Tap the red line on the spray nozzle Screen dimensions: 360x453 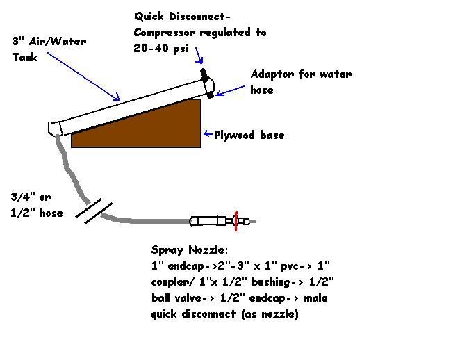point(236,222)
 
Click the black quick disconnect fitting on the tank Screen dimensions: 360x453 point(204,74)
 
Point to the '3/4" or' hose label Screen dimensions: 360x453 point(31,197)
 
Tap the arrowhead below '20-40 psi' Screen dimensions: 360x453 point(199,60)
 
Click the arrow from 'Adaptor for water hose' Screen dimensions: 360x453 point(231,89)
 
